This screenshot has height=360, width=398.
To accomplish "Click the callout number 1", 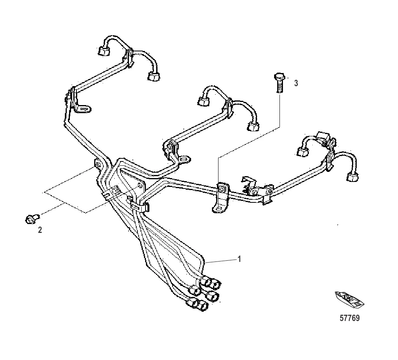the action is click(x=239, y=259).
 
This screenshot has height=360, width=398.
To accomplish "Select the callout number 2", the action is click(x=40, y=230).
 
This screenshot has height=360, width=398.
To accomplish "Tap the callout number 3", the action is click(x=296, y=83).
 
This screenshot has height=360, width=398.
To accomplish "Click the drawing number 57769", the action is click(x=349, y=318).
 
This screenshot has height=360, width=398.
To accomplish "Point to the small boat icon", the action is click(x=349, y=300).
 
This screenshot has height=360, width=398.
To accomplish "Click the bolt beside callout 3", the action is click(x=279, y=83).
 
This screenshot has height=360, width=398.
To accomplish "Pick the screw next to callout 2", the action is click(x=32, y=219).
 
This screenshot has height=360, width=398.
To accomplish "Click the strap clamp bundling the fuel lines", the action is click(x=140, y=206).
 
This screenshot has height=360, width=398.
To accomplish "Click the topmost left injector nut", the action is click(x=103, y=51).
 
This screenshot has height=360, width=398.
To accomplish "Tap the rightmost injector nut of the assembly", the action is click(x=352, y=177).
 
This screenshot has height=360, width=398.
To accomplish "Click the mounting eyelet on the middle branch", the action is click(x=185, y=159).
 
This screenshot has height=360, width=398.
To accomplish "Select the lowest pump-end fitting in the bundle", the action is click(x=193, y=302).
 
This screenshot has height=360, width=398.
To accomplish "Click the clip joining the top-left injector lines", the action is click(x=129, y=58).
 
